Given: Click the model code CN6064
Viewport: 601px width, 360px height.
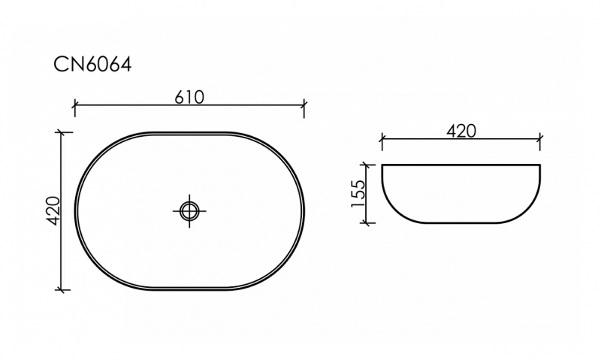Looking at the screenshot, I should click(92, 65).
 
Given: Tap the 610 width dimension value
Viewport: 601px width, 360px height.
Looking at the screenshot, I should click(189, 97).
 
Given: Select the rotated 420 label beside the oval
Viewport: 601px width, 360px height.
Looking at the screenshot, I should click(53, 211).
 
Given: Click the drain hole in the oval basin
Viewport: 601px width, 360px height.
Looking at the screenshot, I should click(189, 210).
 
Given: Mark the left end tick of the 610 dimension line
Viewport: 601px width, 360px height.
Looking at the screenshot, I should click(74, 107).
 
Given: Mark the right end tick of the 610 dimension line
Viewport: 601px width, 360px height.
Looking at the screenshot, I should click(304, 107).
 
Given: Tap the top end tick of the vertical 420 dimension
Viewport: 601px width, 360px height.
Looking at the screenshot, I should click(63, 132).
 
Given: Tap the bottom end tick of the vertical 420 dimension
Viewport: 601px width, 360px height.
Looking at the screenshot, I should click(63, 289).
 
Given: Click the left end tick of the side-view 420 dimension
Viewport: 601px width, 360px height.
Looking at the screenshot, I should click(382, 139).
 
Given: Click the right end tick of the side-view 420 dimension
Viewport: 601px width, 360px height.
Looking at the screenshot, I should click(539, 139).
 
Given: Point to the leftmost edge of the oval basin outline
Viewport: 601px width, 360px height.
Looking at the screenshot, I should click(75, 211).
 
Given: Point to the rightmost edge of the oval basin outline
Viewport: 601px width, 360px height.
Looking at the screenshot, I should click(304, 211).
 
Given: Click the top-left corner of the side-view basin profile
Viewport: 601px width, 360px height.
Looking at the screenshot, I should click(382, 165).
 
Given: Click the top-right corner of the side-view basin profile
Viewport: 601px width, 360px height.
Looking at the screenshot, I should click(539, 165).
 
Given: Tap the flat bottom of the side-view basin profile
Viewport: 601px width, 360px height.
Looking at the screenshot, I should click(461, 222).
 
